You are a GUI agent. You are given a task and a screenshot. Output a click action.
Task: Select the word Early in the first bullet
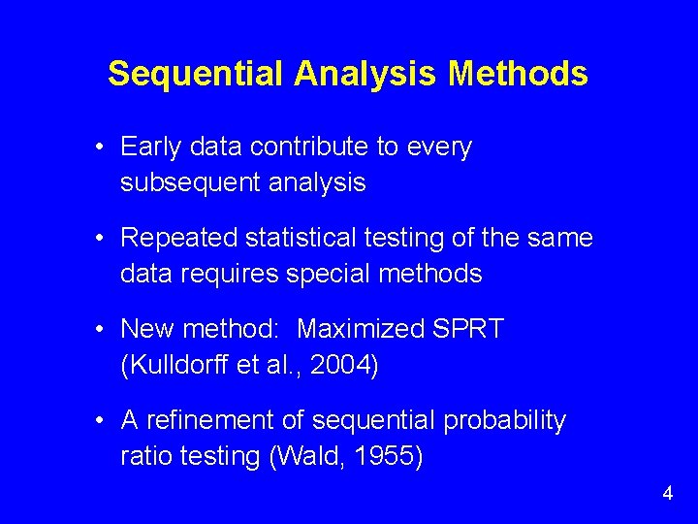(x=150, y=147)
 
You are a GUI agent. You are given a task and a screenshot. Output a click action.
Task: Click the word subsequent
(x=184, y=182)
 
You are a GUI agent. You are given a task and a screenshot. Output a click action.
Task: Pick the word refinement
(x=212, y=421)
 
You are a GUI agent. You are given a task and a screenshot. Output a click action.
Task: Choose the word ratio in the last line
(x=144, y=456)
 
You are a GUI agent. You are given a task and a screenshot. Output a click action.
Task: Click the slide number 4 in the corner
(x=667, y=494)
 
